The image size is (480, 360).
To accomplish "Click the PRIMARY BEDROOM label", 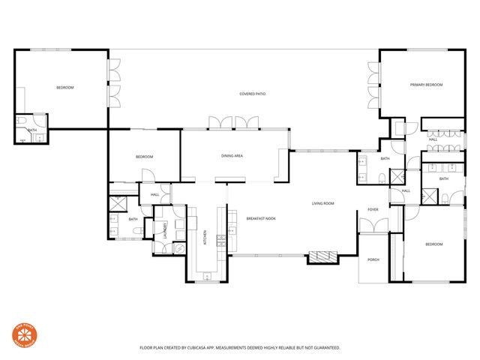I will [426, 85].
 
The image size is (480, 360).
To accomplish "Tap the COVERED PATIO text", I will [253, 94].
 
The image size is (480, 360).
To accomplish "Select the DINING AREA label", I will [231, 156].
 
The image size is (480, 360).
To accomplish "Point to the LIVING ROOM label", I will [323, 203].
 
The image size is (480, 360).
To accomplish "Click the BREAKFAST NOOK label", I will [261, 218].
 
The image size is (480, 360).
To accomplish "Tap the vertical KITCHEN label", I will [205, 238].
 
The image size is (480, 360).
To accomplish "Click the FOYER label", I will [372, 209].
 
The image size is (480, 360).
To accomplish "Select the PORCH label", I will [373, 260].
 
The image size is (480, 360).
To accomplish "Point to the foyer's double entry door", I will [373, 225].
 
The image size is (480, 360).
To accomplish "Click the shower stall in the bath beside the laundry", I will [118, 202].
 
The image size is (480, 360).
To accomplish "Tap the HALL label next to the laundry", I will [155, 195].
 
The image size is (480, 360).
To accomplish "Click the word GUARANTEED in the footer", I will [325, 348].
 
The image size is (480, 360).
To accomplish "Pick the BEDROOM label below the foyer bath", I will [434, 244].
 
